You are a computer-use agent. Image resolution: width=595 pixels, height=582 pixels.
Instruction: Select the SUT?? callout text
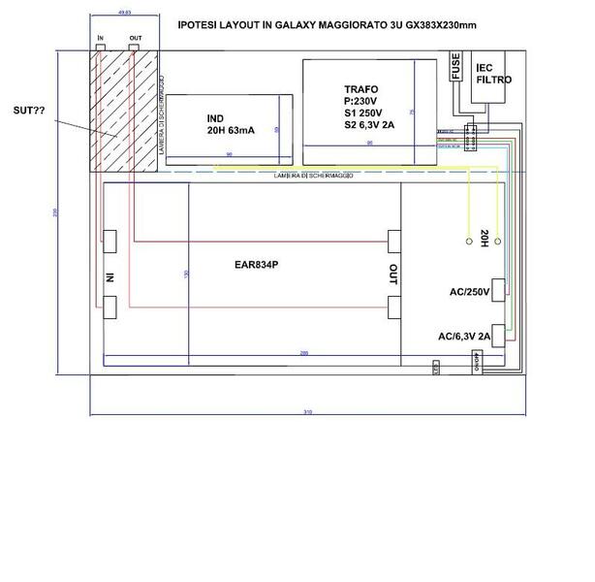30,112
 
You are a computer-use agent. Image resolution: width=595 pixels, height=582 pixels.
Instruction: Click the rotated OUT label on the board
392,274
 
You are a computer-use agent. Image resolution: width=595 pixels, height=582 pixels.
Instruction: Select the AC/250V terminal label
470,292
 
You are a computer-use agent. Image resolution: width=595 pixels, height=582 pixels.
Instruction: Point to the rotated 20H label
483,238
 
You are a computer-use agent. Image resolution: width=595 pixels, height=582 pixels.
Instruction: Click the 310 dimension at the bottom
307,413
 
